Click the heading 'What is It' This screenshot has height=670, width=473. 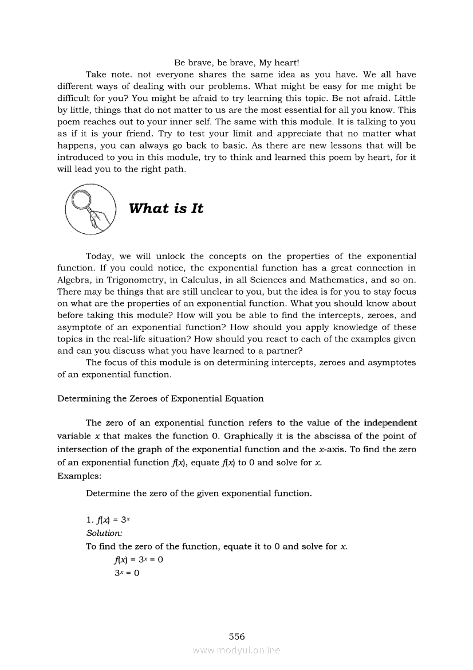pos(166,209)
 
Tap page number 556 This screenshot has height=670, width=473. pos(236,636)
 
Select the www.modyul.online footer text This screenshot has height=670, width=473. pos(236,650)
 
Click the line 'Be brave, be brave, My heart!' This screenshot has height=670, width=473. pos(236,62)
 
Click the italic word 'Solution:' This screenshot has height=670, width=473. pos(100,533)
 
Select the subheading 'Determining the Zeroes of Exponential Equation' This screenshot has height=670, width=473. pos(160,398)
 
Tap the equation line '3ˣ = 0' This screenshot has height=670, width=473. pos(127,573)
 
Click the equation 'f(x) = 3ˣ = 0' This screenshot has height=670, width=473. pos(139,559)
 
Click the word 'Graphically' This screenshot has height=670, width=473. pos(247,436)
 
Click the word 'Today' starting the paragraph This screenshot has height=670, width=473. pos(98,256)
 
